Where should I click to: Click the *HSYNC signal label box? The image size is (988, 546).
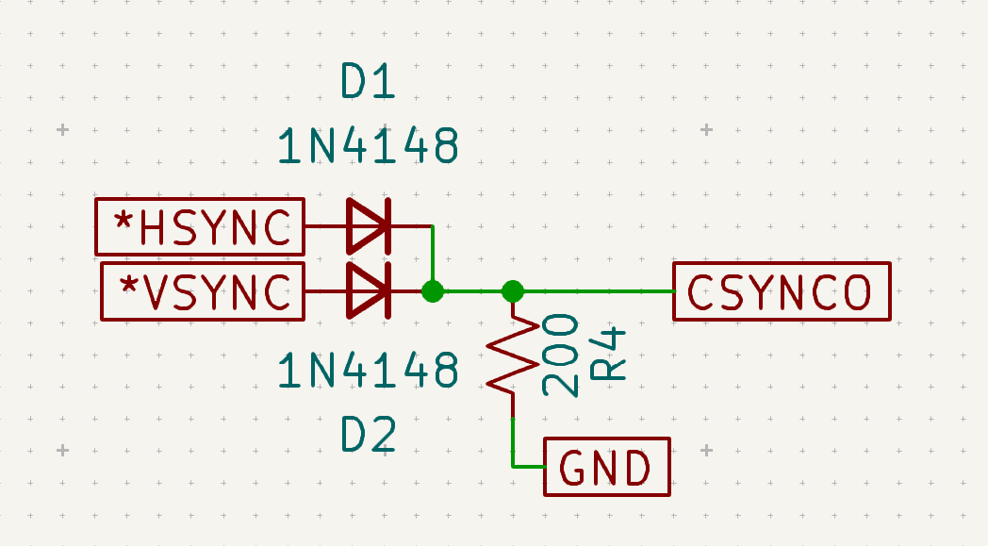tap(200, 226)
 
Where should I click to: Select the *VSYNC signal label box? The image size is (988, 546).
tap(200, 290)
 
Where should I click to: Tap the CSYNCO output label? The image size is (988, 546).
tap(782, 291)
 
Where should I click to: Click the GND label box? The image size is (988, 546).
tap(607, 467)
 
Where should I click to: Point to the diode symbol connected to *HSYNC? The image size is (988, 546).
tap(368, 226)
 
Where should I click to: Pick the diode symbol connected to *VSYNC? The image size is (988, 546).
tap(368, 290)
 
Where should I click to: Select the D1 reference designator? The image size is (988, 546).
tap(368, 85)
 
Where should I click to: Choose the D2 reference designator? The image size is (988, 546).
tap(368, 436)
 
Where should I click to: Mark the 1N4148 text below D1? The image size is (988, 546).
tap(368, 147)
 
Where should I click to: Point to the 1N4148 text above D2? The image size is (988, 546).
tap(368, 372)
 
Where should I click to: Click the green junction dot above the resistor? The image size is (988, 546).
tap(513, 290)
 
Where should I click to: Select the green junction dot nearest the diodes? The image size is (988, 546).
tap(433, 290)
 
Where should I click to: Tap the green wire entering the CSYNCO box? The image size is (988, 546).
tap(603, 290)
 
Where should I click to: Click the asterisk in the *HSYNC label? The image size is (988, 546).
tap(123, 223)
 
